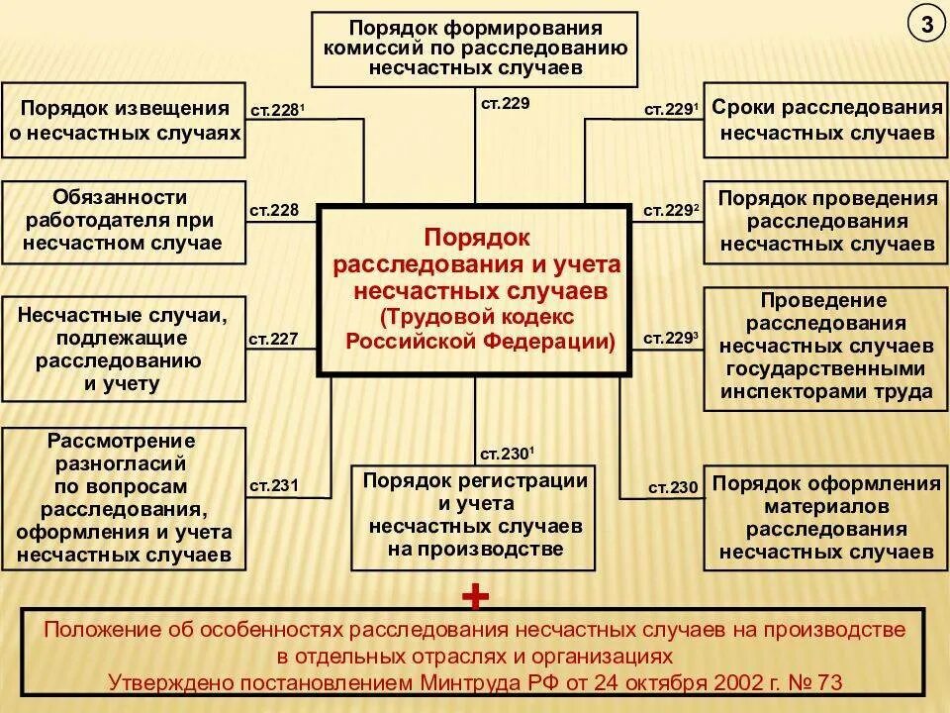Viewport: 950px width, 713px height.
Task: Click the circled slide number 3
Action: pyautogui.click(x=926, y=27)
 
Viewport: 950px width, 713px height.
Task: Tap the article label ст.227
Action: pyautogui.click(x=272, y=339)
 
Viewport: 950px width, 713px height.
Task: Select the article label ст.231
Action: pyautogui.click(x=272, y=485)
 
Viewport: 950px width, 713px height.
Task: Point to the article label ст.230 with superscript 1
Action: pyautogui.click(x=508, y=455)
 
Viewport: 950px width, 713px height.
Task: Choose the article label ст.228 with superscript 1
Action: pyautogui.click(x=276, y=110)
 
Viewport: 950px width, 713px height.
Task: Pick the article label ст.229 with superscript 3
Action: pyautogui.click(x=671, y=339)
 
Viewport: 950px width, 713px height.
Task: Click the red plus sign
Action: pyautogui.click(x=476, y=596)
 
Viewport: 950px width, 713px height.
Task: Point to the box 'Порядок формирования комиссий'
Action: pyautogui.click(x=474, y=48)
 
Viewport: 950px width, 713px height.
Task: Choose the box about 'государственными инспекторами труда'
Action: pyautogui.click(x=820, y=346)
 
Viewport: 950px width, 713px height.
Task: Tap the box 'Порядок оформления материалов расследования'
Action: pyautogui.click(x=820, y=517)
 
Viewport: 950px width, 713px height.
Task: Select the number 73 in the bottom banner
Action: pyautogui.click(x=829, y=681)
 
